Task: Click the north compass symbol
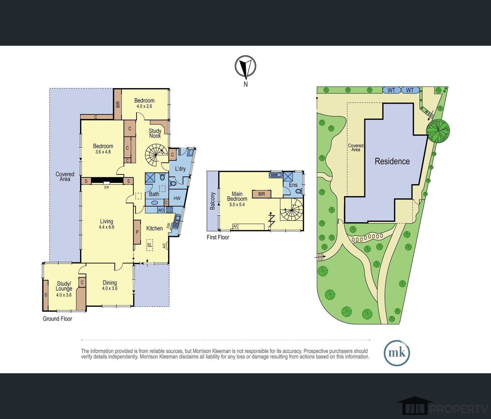pyautogui.click(x=245, y=66)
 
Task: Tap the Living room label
pyautogui.click(x=106, y=221)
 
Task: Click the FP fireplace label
pyautogui.click(x=106, y=188)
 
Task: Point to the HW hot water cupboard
pyautogui.click(x=177, y=198)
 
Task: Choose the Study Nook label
pyautogui.click(x=155, y=133)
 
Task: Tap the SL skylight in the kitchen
pyautogui.click(x=150, y=245)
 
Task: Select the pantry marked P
pyautogui.click(x=137, y=232)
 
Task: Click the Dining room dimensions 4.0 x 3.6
pyautogui.click(x=110, y=288)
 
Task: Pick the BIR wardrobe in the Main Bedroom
pyautogui.click(x=261, y=194)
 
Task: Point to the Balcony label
pyautogui.click(x=212, y=201)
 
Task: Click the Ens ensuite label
pyautogui.click(x=293, y=185)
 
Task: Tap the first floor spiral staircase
pyautogui.click(x=291, y=210)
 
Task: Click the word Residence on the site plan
pyautogui.click(x=392, y=161)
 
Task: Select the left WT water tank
pyautogui.click(x=392, y=90)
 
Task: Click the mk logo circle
pyautogui.click(x=397, y=353)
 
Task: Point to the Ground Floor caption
pyautogui.click(x=57, y=319)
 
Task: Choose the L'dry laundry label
pyautogui.click(x=180, y=169)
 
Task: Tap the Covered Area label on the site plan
pyautogui.click(x=356, y=148)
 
